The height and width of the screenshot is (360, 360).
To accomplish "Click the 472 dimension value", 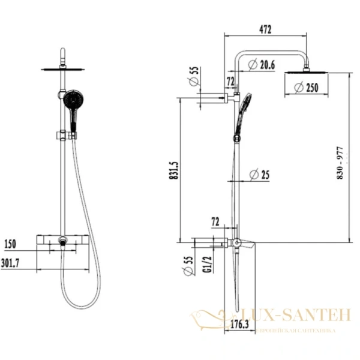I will [265, 29].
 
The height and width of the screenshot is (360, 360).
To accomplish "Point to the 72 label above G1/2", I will [215, 222].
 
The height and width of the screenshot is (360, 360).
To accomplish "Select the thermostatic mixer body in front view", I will [62, 242].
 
